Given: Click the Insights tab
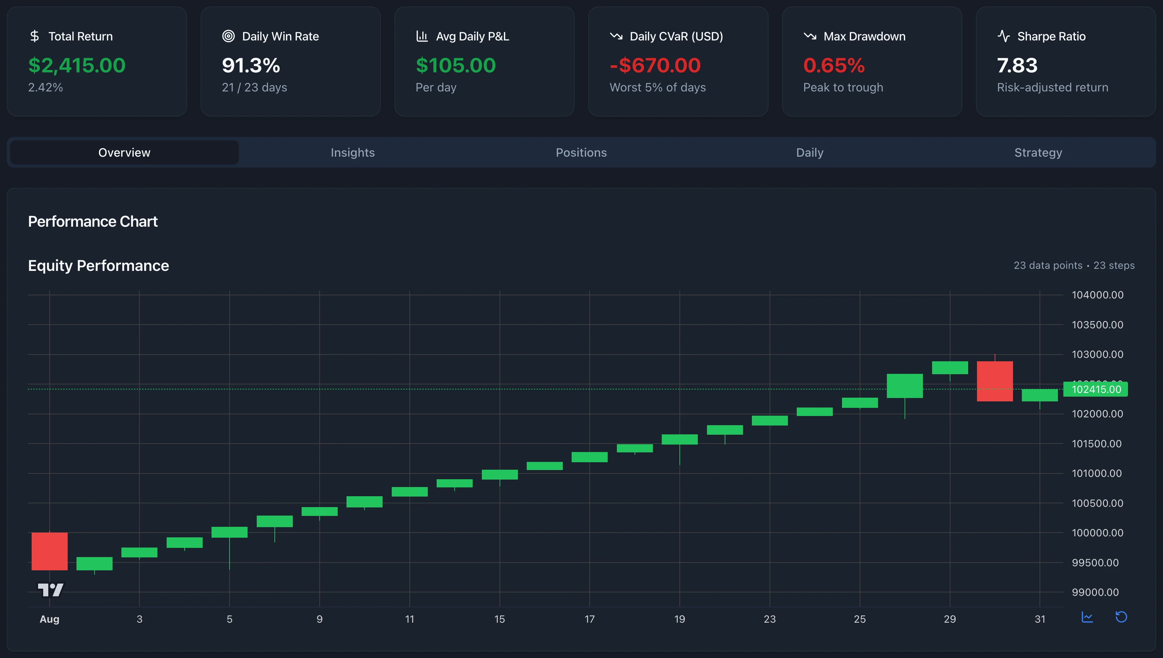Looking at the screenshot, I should pos(352,153).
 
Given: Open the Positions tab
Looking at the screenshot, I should pos(581,153).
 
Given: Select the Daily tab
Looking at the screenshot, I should pos(809,153).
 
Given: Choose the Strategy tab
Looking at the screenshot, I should pos(1038,153).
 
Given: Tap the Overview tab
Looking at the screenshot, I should pos(124,153).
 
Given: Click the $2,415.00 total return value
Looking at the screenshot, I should pos(77,66).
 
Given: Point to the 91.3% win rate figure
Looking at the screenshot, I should pos(251,66).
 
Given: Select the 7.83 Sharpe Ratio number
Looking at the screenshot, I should pos(1017,66).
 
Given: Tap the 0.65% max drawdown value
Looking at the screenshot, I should pos(834,66).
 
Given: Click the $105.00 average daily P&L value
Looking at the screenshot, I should pos(455,66).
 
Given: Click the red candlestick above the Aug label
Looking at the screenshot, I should pos(49,551).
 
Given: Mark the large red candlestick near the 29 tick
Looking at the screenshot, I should pos(994,381).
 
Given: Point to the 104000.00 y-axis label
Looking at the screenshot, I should pos(1097,295).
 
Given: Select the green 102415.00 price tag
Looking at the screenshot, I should pos(1096,389).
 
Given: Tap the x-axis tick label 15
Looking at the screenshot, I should pos(499,619).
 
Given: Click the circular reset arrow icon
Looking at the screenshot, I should pos(1121,617).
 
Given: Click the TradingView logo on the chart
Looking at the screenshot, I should pos(50,590).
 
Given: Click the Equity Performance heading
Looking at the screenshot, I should pos(99,266).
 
